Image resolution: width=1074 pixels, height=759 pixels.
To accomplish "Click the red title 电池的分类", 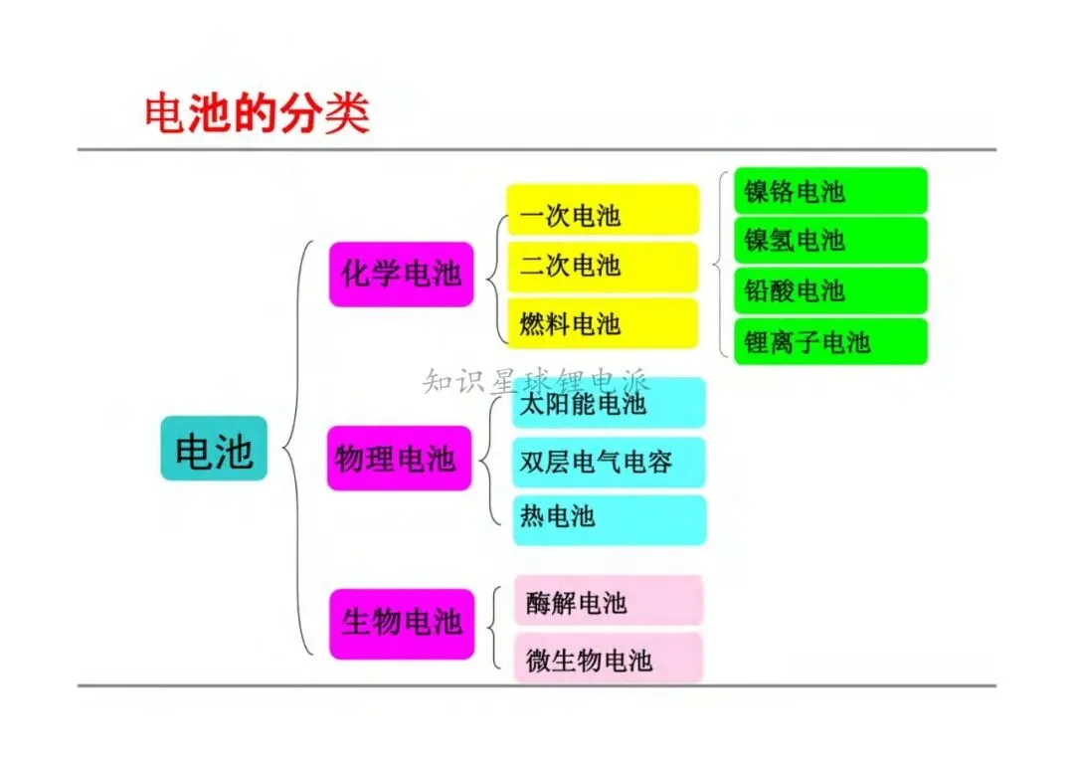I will point(258,113).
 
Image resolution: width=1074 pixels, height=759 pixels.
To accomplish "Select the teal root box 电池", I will point(214,449).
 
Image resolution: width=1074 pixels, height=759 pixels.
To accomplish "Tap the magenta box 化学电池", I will point(401,274).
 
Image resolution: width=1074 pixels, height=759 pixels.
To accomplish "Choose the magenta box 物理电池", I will point(399,459).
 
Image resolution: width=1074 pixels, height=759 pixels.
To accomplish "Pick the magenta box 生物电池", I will point(401,624).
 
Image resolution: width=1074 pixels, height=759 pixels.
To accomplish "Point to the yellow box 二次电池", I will point(603,267).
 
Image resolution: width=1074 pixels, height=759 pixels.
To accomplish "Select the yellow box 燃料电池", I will point(603,323).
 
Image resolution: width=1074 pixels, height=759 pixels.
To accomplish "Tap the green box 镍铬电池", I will point(830,190).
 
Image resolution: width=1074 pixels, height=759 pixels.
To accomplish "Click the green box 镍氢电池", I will point(830,241).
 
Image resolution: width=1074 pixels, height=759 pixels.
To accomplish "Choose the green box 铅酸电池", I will point(830,290).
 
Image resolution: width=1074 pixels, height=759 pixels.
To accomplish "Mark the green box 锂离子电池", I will point(830,341).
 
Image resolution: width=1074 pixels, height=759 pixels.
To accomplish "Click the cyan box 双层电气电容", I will point(609,462).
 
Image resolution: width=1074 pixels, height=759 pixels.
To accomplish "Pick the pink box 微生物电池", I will point(608,658).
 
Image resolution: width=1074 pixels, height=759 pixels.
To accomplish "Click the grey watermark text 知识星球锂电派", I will point(537,379).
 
